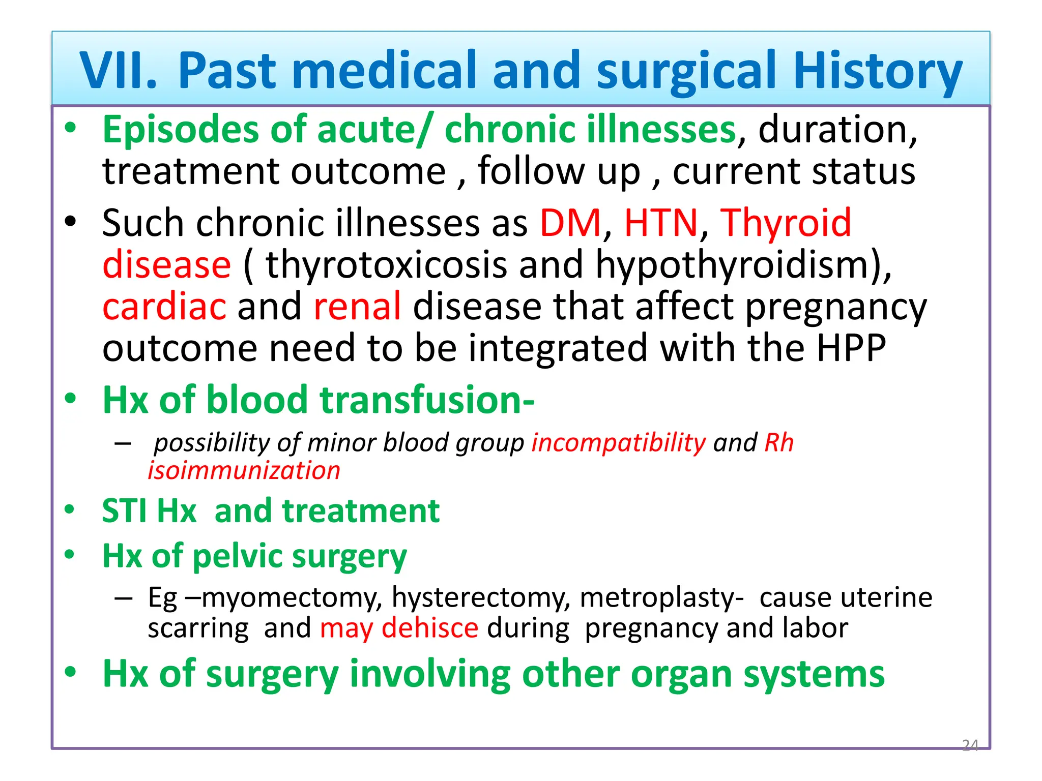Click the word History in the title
point(877,71)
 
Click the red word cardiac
point(164,307)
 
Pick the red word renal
point(357,307)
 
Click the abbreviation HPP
point(851,348)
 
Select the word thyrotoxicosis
point(386,265)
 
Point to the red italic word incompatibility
point(619,442)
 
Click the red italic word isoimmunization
point(244,470)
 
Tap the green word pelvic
point(238,556)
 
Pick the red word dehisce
point(429,628)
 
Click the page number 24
point(970,745)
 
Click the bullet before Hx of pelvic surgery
point(70,554)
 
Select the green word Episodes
point(180,130)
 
